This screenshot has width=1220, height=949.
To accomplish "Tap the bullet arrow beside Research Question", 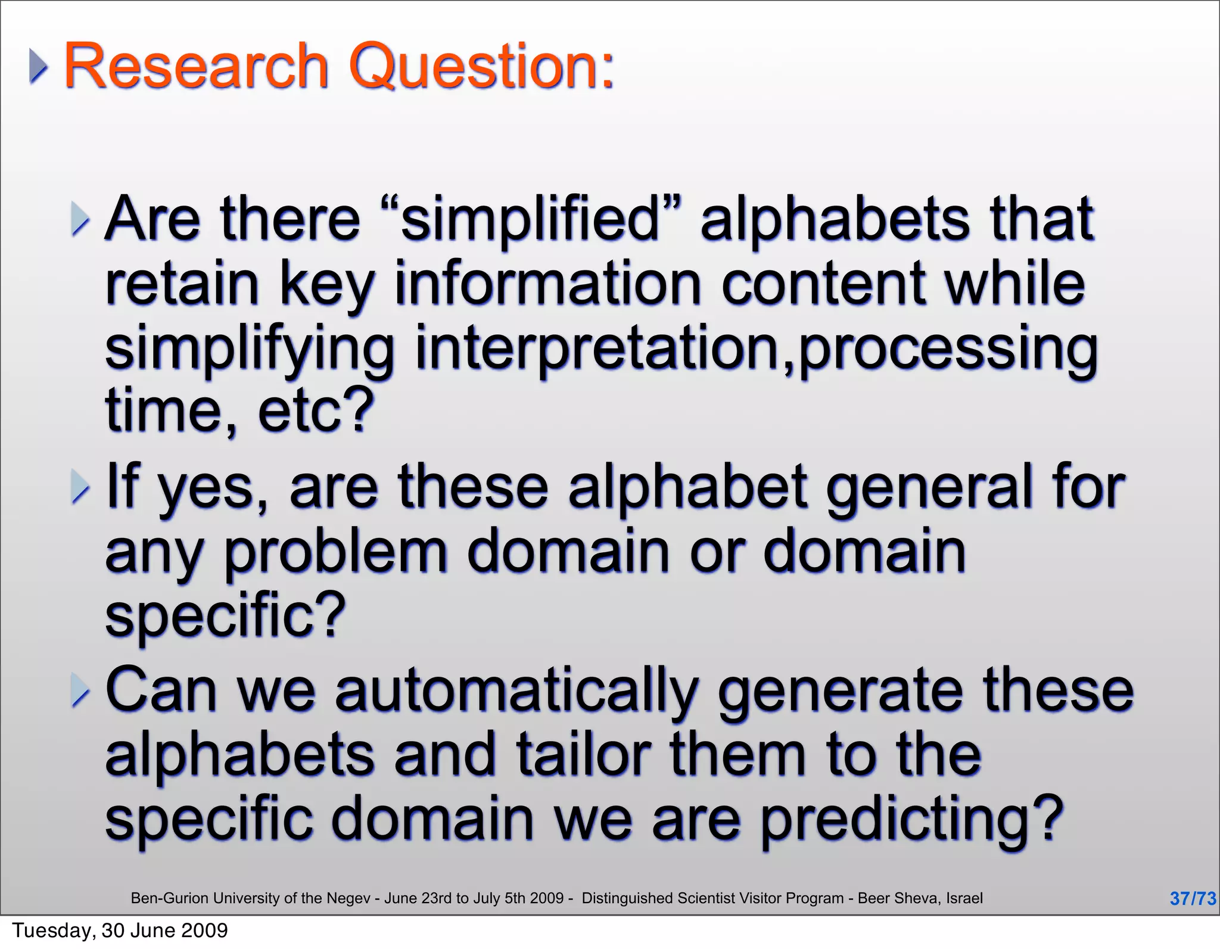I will [38, 67].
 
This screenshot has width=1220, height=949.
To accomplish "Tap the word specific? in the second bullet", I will [225, 617].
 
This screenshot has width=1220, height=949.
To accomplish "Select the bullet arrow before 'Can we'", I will [79, 691].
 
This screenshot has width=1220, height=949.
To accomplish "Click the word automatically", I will [516, 691].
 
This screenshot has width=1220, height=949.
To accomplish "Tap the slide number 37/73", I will [1192, 898].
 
